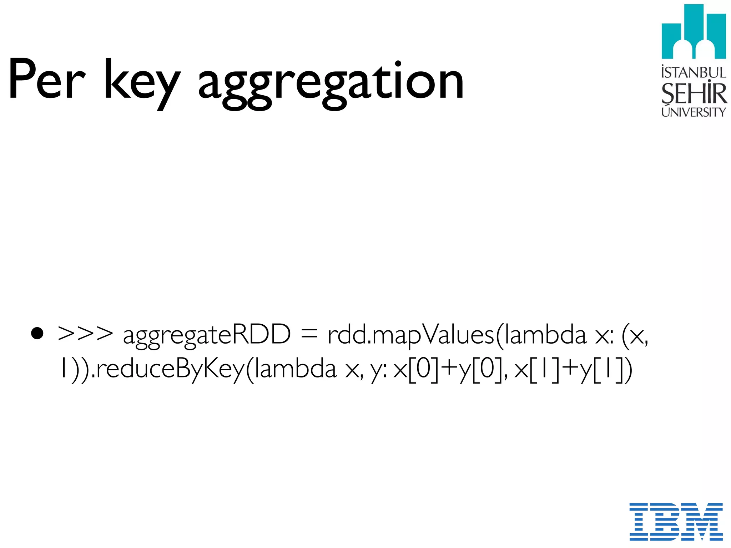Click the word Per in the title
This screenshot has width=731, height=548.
pos(46,79)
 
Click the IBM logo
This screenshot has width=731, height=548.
pos(676,521)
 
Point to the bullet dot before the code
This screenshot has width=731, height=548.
pos(37,334)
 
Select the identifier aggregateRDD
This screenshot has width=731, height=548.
pos(207,335)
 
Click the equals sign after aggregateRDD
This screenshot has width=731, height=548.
pos(309,335)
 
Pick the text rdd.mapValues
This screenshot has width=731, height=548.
pos(410,335)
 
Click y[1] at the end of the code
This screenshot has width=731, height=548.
pos(603,369)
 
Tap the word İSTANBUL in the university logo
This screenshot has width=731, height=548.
pos(694,72)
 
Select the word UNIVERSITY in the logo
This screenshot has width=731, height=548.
pos(694,112)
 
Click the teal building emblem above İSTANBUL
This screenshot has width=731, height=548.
pos(694,32)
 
